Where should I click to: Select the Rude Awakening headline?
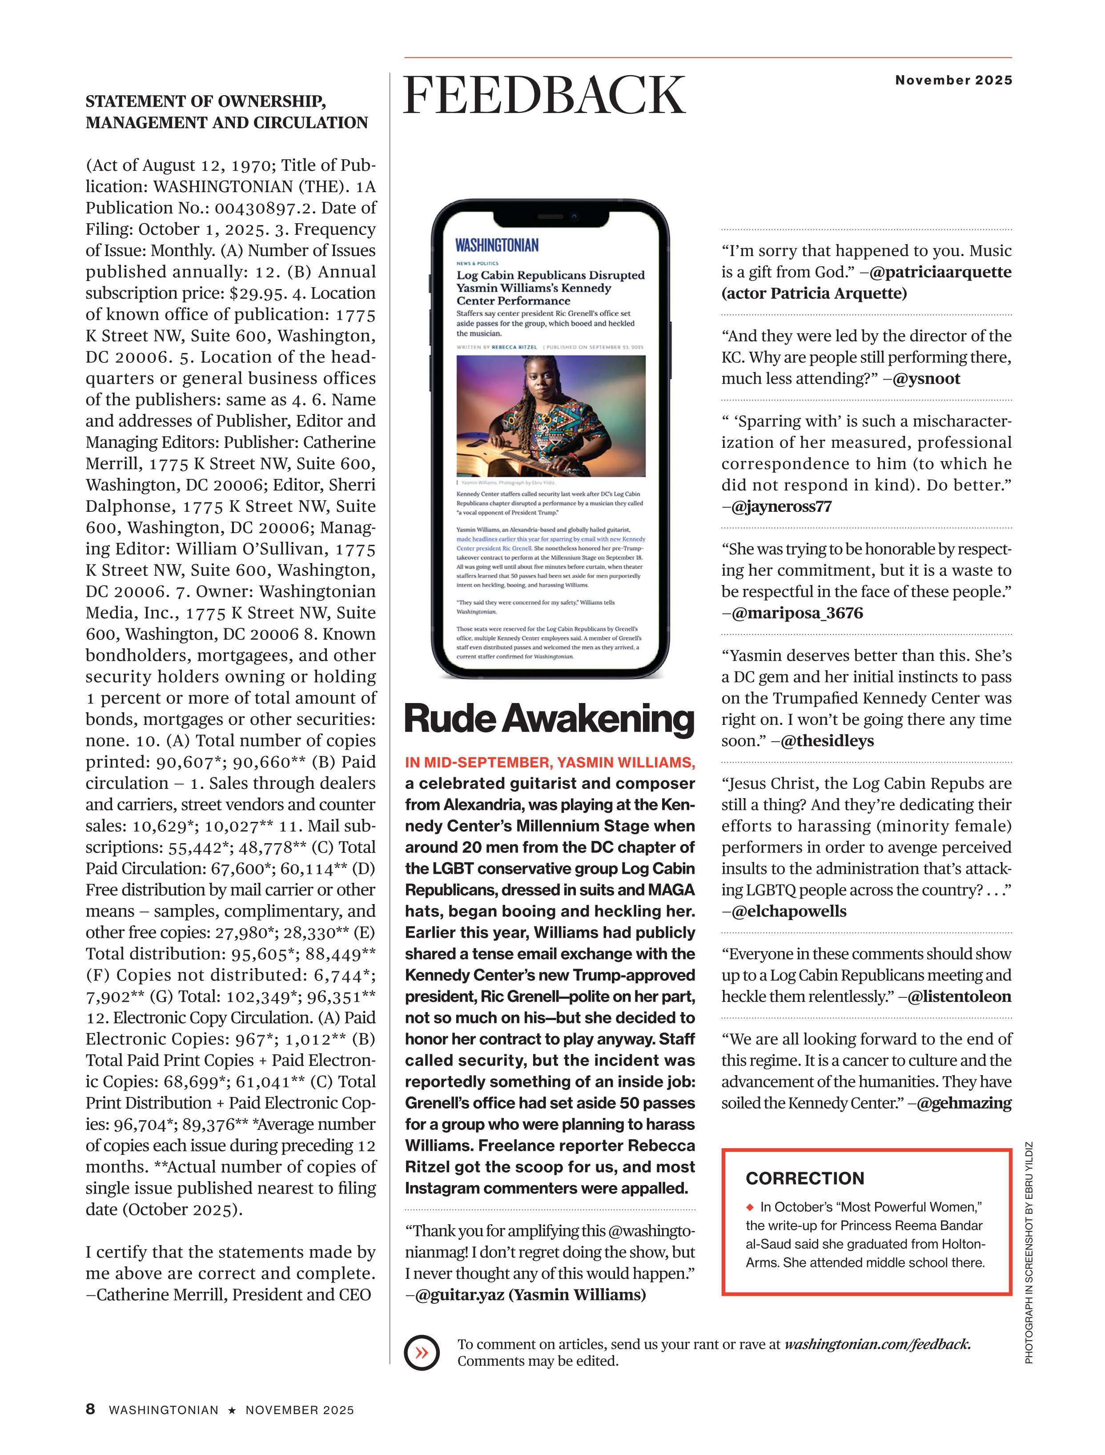point(549,719)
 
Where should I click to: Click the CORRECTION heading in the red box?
point(804,1178)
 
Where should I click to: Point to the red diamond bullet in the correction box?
point(749,1207)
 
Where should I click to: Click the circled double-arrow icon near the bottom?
point(422,1352)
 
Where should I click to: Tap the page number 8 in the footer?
point(90,1409)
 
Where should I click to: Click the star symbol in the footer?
point(232,1410)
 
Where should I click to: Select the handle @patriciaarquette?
point(940,272)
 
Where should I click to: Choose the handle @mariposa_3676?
point(797,613)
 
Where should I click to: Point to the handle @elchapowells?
point(789,911)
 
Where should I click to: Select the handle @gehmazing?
point(964,1103)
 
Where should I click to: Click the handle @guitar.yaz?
point(460,1294)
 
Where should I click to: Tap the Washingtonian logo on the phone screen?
point(497,245)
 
